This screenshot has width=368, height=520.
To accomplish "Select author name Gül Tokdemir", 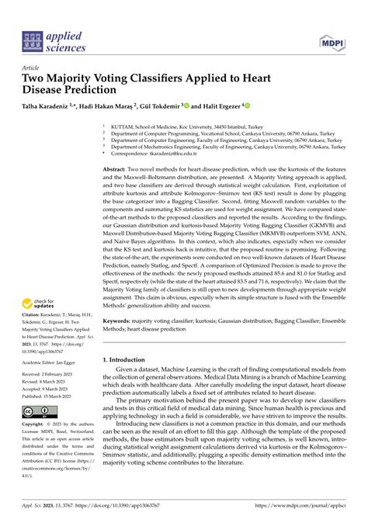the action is click(158, 105).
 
